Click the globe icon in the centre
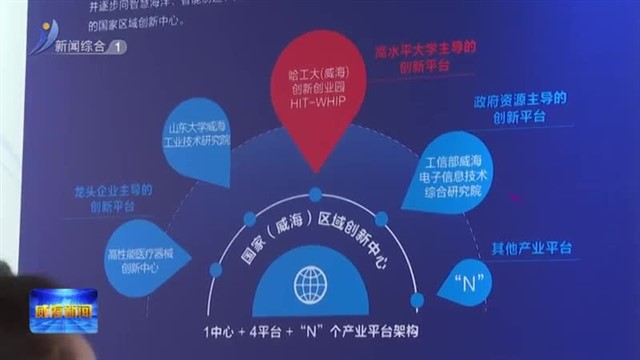[312, 285]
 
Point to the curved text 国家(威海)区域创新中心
[315, 240]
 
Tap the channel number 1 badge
[120, 46]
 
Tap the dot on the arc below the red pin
[315, 194]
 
